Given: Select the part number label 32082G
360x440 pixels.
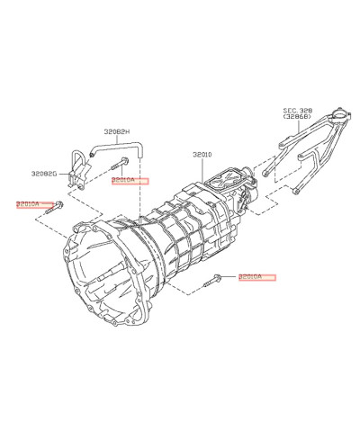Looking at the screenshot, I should (43, 174).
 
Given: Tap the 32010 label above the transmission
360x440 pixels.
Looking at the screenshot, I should (202, 154).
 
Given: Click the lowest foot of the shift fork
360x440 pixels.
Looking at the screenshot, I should (296, 192).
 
